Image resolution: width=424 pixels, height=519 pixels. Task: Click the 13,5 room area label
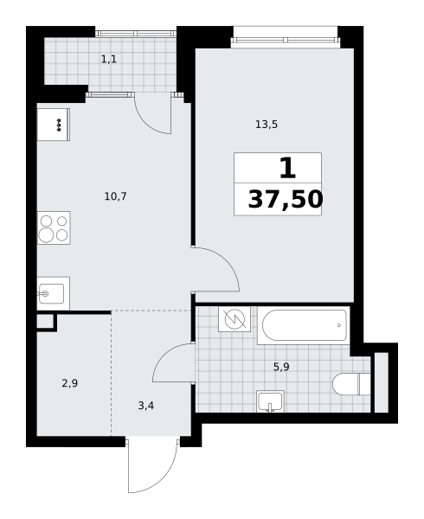pyautogui.click(x=267, y=125)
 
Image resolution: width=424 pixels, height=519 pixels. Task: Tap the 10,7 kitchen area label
pyautogui.click(x=115, y=196)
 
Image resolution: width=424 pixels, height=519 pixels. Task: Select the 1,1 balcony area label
pyautogui.click(x=109, y=60)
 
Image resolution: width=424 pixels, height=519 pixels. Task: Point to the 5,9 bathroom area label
pyautogui.click(x=281, y=367)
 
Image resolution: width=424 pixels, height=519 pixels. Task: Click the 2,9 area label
pyautogui.click(x=70, y=383)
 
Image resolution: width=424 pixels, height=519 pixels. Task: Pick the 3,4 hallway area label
pyautogui.click(x=146, y=406)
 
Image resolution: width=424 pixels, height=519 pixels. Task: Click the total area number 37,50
pyautogui.click(x=286, y=199)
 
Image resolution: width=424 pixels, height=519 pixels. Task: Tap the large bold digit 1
pyautogui.click(x=287, y=168)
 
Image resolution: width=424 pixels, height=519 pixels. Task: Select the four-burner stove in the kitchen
pyautogui.click(x=54, y=227)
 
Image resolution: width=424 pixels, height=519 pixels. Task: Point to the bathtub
pyautogui.click(x=304, y=325)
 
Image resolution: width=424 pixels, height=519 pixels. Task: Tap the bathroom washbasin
pyautogui.click(x=271, y=401)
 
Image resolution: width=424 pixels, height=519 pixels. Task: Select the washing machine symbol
pyautogui.click(x=234, y=319)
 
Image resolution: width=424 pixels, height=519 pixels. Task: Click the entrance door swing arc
pyautogui.click(x=164, y=479)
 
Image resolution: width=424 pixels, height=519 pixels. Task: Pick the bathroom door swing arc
pyautogui.click(x=162, y=356)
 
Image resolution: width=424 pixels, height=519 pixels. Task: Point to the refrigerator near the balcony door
pyautogui.click(x=54, y=125)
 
